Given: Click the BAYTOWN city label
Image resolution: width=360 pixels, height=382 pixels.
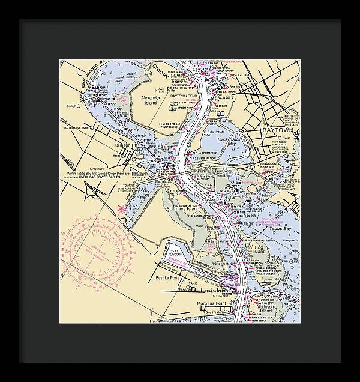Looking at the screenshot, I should [277, 130].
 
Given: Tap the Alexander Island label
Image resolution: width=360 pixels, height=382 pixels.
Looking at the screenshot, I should [150, 100].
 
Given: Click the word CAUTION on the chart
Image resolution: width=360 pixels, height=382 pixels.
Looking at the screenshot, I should [97, 169].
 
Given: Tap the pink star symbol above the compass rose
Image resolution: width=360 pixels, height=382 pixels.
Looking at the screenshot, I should [122, 209].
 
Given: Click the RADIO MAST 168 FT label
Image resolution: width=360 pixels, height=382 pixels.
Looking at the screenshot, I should [77, 127].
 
